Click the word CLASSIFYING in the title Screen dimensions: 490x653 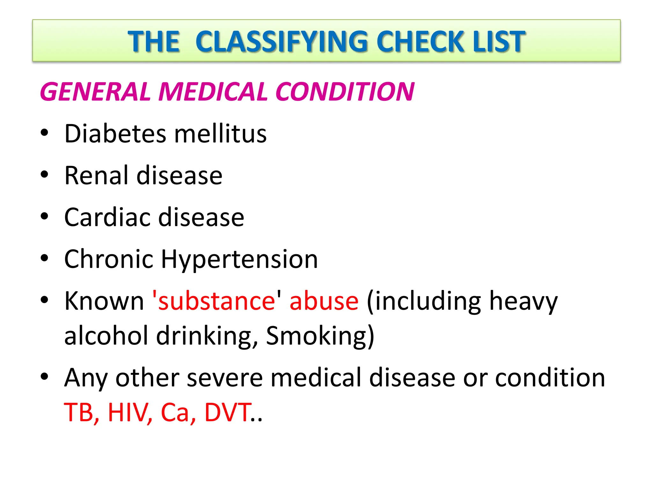click(x=285, y=41)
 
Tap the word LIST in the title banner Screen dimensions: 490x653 click(x=499, y=41)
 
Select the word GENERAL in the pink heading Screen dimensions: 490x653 click(x=95, y=92)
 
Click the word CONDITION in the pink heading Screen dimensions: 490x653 click(x=345, y=92)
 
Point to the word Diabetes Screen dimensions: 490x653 click(x=115, y=133)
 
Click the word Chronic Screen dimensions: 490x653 click(x=109, y=259)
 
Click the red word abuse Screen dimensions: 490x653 click(x=324, y=301)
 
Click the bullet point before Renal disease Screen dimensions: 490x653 click(x=44, y=174)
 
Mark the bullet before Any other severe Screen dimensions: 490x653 click(x=44, y=377)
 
